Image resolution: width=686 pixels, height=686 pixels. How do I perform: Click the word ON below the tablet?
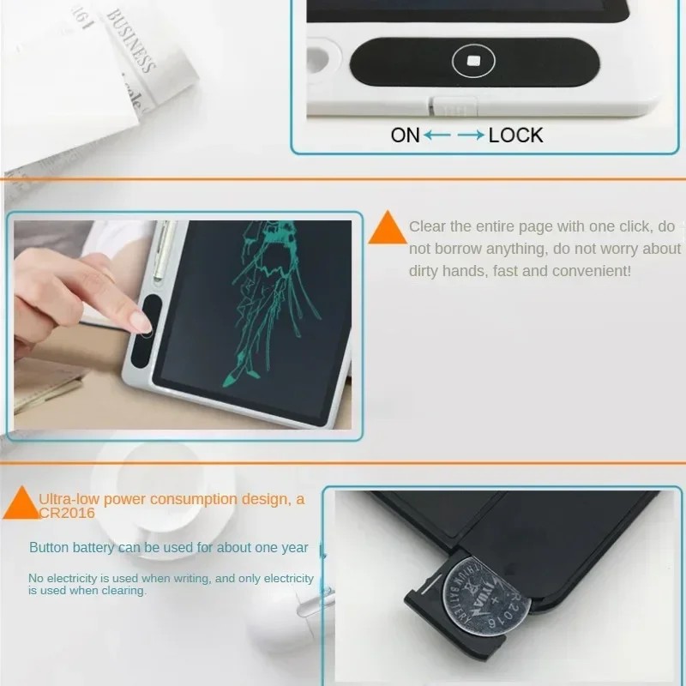[405, 135]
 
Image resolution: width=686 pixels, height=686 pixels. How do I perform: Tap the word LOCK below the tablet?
[515, 135]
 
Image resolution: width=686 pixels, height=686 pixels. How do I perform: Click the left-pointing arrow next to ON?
[437, 135]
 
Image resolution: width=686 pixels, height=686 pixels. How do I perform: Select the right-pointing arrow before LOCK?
[470, 135]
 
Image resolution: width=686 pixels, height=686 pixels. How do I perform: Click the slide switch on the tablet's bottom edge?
[452, 106]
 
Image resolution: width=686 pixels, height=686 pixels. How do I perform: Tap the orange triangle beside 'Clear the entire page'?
[388, 229]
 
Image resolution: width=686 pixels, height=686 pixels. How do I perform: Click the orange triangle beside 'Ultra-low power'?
[21, 503]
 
